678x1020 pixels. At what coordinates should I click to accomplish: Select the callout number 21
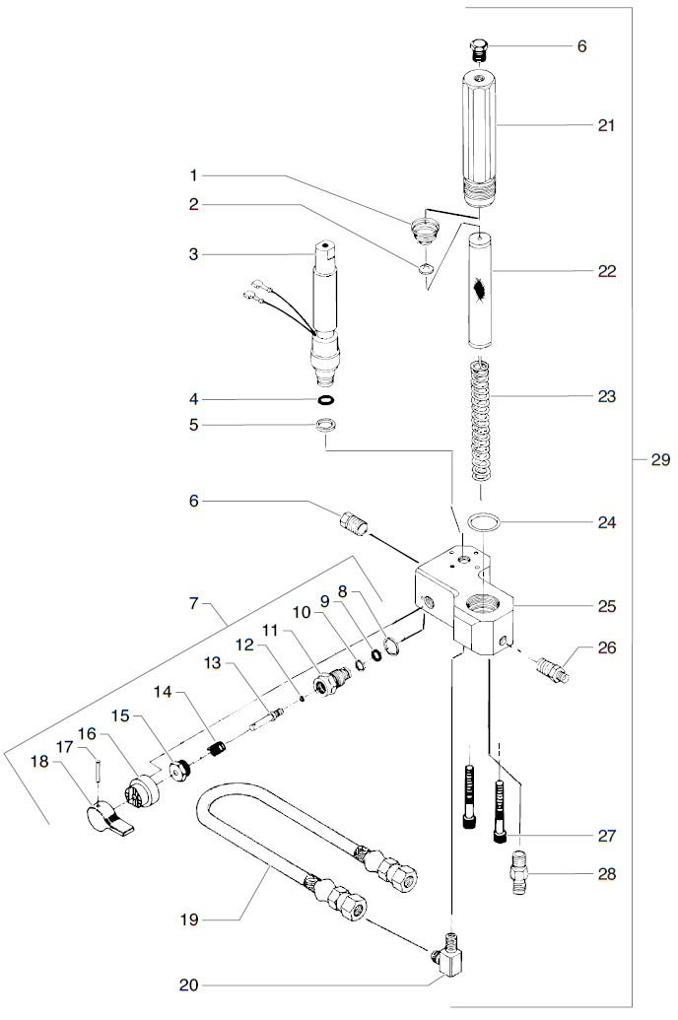pyautogui.click(x=606, y=125)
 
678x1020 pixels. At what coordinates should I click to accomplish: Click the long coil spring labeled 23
pyautogui.click(x=479, y=419)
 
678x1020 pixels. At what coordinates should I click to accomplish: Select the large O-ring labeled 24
pyautogui.click(x=482, y=522)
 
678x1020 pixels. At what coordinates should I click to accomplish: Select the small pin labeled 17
pyautogui.click(x=100, y=768)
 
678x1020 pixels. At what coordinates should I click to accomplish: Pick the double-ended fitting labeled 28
pyautogui.click(x=518, y=873)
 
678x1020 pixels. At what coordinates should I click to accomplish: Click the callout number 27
pyautogui.click(x=606, y=836)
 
